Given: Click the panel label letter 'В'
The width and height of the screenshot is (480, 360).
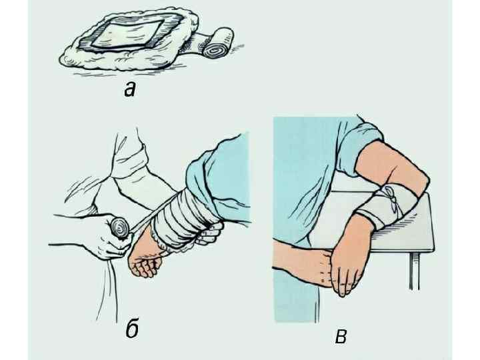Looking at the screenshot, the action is (x=341, y=337).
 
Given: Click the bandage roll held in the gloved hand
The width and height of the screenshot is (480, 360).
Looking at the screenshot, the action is (x=121, y=228).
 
